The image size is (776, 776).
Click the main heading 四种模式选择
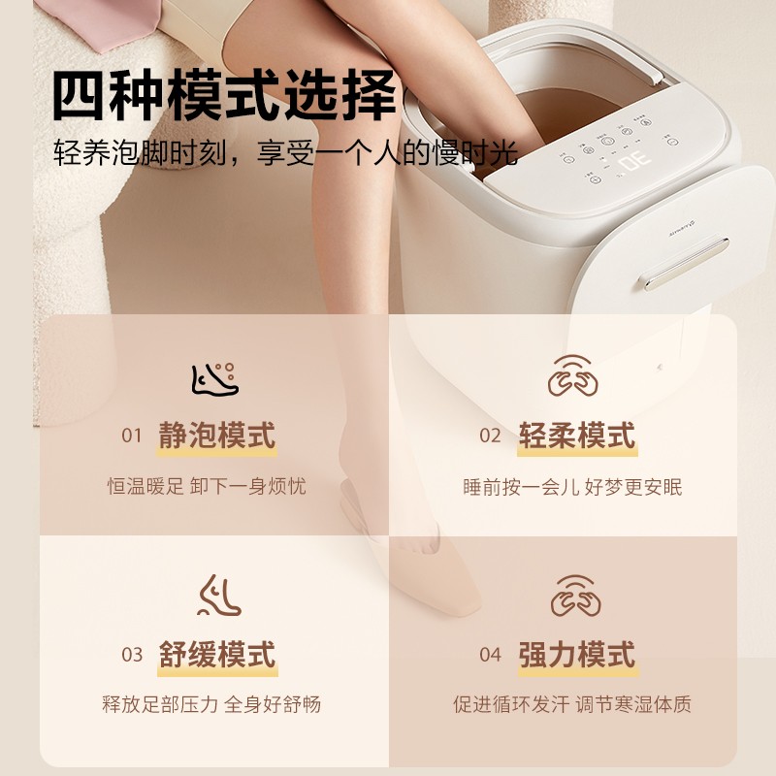click(224, 95)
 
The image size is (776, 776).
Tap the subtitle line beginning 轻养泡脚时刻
click(285, 152)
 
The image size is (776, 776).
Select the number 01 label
click(132, 436)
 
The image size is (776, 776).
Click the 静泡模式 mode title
click(216, 436)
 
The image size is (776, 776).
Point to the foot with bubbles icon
click(215, 379)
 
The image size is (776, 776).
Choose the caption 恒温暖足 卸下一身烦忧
click(207, 487)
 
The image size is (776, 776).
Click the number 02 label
click(490, 436)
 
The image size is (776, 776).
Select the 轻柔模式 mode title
click(576, 436)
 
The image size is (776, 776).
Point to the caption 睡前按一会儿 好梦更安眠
click(572, 487)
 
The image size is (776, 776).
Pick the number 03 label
click(132, 655)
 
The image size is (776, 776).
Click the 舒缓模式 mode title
click(216, 655)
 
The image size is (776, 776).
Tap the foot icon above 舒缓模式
click(219, 596)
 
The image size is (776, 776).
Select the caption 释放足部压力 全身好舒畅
click(211, 704)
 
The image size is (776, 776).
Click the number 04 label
click(490, 655)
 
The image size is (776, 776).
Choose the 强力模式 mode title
click(576, 655)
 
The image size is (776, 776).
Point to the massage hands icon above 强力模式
click(575, 596)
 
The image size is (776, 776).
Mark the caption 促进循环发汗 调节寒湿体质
click(572, 704)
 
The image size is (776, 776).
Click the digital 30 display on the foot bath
click(634, 161)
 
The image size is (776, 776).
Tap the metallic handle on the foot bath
click(686, 263)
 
